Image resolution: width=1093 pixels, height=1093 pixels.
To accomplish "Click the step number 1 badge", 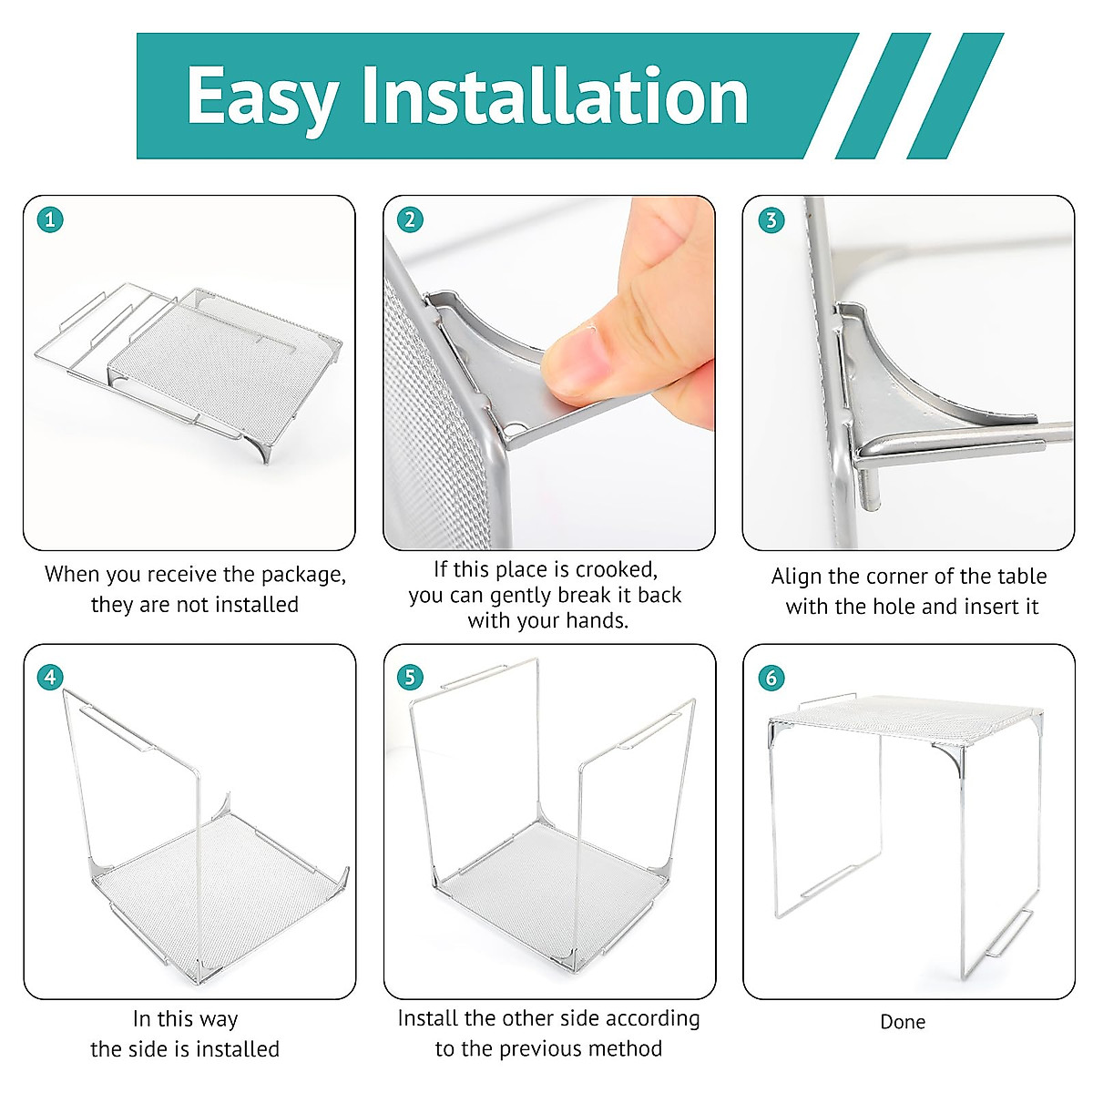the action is [50, 220].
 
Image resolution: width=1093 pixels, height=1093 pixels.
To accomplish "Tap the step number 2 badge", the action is [410, 220].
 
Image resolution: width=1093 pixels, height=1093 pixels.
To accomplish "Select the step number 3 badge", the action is [771, 220].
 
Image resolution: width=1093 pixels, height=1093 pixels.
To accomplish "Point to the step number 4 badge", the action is [50, 678].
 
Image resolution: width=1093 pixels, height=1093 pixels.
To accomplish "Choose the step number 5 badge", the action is [410, 678].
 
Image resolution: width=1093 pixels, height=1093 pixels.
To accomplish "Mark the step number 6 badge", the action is [771, 678].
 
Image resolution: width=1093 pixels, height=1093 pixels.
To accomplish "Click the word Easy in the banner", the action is [262, 98].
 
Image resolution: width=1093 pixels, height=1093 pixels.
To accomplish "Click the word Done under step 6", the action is [903, 1022].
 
